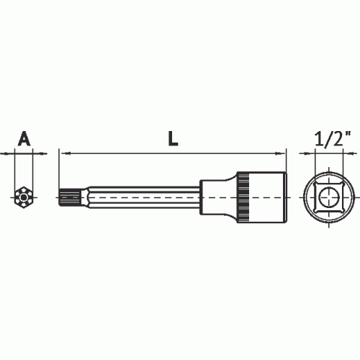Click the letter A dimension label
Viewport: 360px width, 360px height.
click(24, 138)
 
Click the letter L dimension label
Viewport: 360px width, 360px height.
click(173, 139)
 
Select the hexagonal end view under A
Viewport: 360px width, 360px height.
click(24, 197)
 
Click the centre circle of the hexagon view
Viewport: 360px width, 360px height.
click(24, 197)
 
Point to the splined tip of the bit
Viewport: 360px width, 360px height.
click(70, 197)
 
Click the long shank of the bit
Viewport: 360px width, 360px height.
click(144, 197)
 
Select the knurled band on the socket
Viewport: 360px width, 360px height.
click(243, 197)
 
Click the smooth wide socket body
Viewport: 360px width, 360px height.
click(267, 197)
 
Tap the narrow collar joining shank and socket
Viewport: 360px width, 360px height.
click(216, 197)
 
